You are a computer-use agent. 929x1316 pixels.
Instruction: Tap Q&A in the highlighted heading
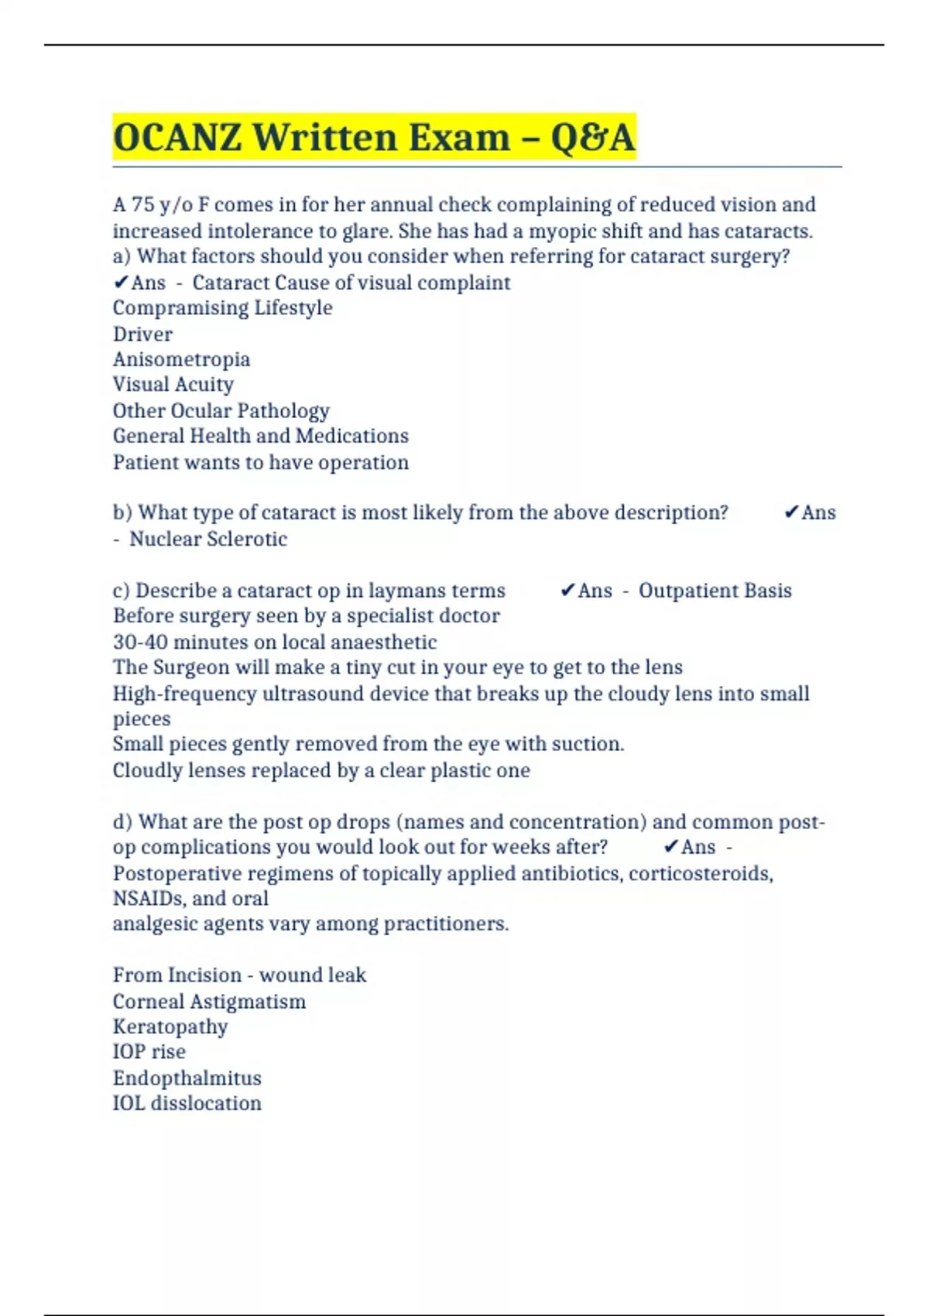click(x=593, y=138)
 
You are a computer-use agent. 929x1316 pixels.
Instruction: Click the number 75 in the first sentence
click(x=142, y=204)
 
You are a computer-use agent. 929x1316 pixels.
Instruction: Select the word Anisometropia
click(x=181, y=359)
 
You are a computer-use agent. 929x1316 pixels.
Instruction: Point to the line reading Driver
click(x=142, y=334)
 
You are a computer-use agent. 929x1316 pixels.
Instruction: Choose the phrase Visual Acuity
click(x=173, y=385)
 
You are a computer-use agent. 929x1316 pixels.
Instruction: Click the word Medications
click(x=351, y=436)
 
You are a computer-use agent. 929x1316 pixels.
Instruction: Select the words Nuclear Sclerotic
click(x=207, y=539)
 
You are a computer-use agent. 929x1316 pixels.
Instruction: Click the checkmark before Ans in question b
click(x=791, y=512)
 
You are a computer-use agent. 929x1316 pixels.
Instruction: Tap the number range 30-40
click(x=140, y=642)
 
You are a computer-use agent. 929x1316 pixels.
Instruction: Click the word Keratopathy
click(x=170, y=1026)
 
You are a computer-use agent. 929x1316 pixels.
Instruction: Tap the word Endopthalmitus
click(x=187, y=1078)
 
